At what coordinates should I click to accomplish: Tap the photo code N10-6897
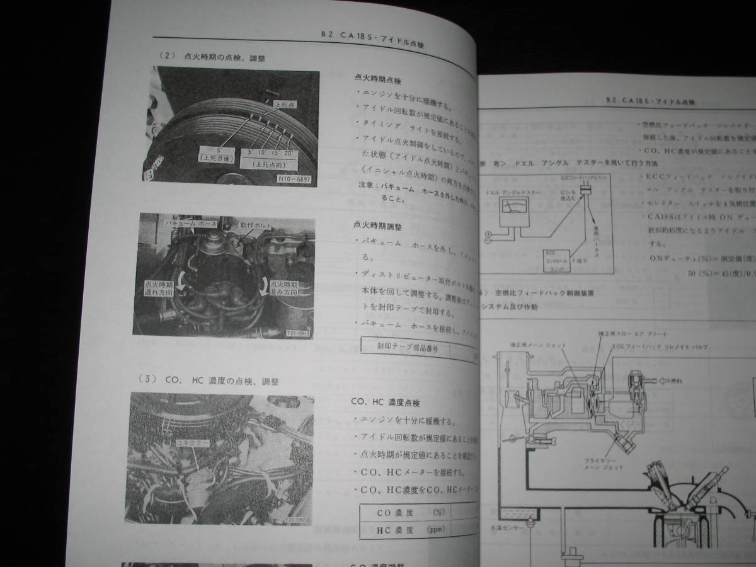pos(294,178)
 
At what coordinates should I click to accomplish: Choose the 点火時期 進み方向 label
pos(282,289)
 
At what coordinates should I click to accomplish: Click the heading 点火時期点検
pos(379,81)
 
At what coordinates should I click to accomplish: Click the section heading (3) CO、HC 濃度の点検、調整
pos(209,381)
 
